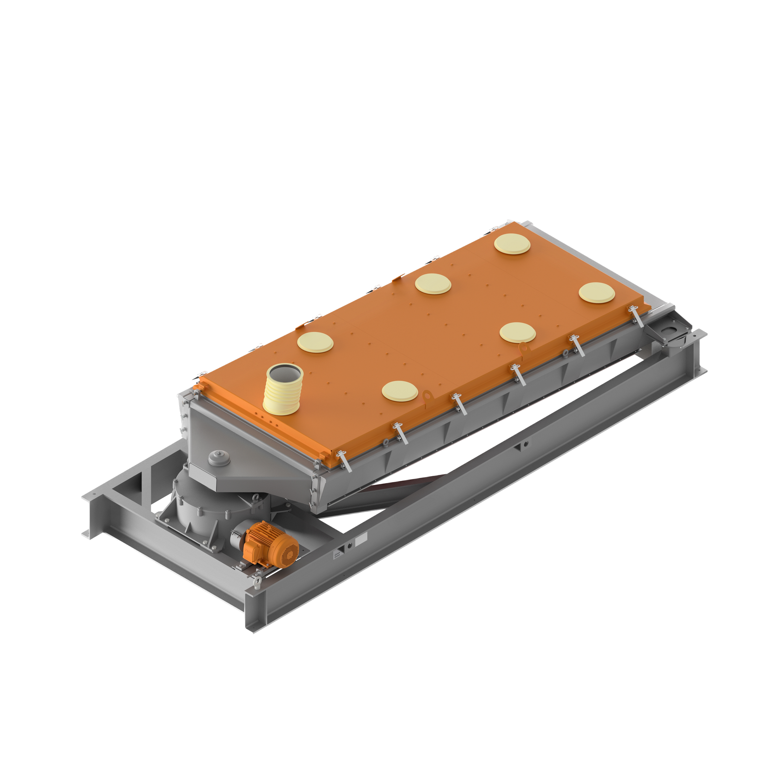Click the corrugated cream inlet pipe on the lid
[283, 390]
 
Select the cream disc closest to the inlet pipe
[315, 342]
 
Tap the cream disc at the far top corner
[512, 244]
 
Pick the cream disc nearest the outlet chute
[596, 292]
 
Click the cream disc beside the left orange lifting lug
[400, 391]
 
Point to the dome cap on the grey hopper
[219, 459]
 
